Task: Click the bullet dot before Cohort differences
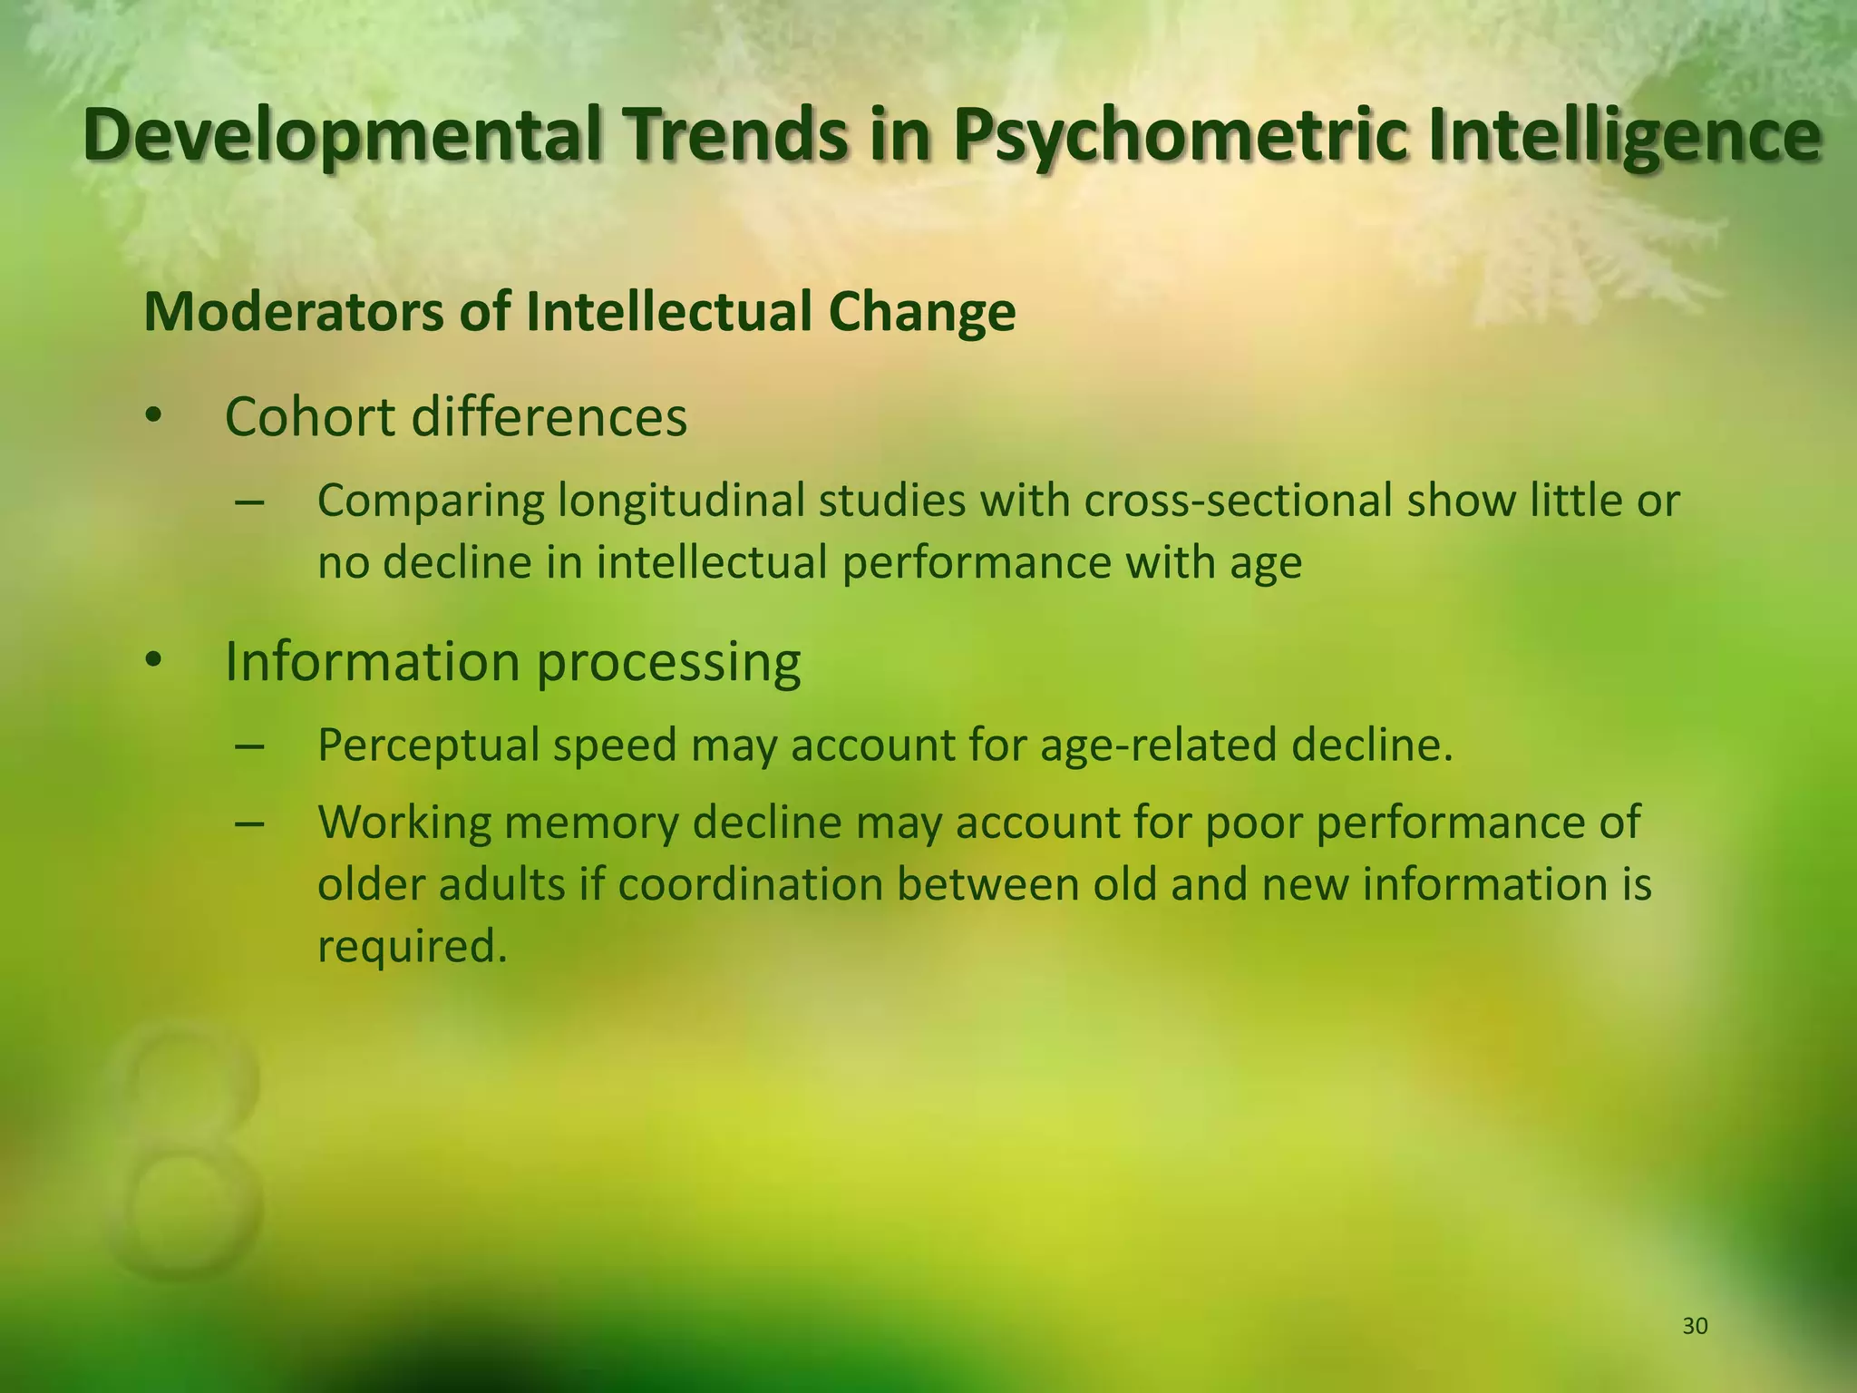[153, 417]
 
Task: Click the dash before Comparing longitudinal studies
[248, 502]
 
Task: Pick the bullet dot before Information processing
[153, 662]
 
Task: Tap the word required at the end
[410, 947]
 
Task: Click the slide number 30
[1695, 1327]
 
